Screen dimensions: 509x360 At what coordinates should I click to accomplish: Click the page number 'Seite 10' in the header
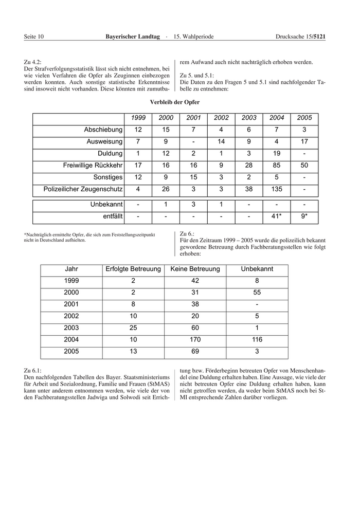pyautogui.click(x=34, y=37)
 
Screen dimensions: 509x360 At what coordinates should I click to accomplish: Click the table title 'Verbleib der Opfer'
pyautogui.click(x=175, y=102)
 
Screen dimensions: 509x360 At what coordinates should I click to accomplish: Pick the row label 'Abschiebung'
pyautogui.click(x=103, y=130)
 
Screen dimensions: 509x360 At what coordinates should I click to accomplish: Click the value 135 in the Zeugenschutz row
pyautogui.click(x=277, y=189)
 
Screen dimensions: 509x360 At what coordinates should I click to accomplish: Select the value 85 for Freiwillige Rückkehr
pyautogui.click(x=277, y=165)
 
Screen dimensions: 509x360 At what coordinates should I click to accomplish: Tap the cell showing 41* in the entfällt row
pyautogui.click(x=277, y=216)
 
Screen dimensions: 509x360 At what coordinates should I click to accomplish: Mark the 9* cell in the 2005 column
pyautogui.click(x=304, y=216)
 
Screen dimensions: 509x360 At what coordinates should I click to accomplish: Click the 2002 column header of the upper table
pyautogui.click(x=221, y=118)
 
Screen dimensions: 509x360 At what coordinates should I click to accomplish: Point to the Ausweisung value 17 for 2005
pyautogui.click(x=304, y=141)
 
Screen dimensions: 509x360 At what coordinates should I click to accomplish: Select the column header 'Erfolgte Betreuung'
pyautogui.click(x=133, y=269)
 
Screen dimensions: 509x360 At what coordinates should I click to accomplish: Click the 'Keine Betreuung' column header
pyautogui.click(x=195, y=269)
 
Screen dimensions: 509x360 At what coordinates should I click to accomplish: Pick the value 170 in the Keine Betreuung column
pyautogui.click(x=195, y=340)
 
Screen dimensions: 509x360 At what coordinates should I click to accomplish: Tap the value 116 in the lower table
pyautogui.click(x=257, y=340)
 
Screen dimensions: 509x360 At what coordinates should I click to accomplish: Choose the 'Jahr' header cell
pyautogui.click(x=71, y=269)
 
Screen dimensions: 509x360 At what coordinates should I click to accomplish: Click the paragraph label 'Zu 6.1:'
pyautogui.click(x=33, y=370)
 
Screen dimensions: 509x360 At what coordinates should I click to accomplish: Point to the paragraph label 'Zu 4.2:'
pyautogui.click(x=33, y=62)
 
